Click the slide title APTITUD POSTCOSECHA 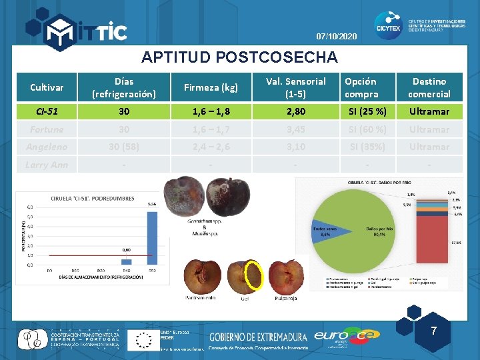tap(240, 57)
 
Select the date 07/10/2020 tap(337, 35)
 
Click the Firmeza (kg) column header tap(211, 87)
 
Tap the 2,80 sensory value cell tap(295, 111)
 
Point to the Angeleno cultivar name tap(46, 147)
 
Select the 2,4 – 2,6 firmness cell tap(211, 147)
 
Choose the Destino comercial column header tap(429, 87)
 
